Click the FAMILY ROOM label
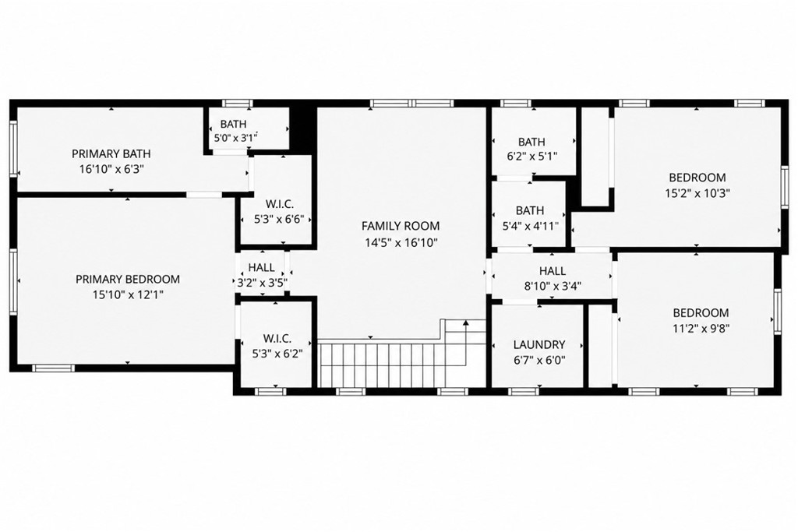coord(401,226)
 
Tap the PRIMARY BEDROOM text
coord(128,279)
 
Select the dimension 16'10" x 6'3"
coord(111,169)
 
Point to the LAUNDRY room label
coord(539,345)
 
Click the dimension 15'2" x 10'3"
coord(697,193)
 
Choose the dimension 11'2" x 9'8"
coord(701,328)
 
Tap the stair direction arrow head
coord(465,322)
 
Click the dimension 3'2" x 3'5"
coord(263,283)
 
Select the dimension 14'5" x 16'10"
coord(401,242)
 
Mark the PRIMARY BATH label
coord(111,153)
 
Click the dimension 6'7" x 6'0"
coord(539,361)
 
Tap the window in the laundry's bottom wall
coord(524,391)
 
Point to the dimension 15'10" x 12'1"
coord(128,294)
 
